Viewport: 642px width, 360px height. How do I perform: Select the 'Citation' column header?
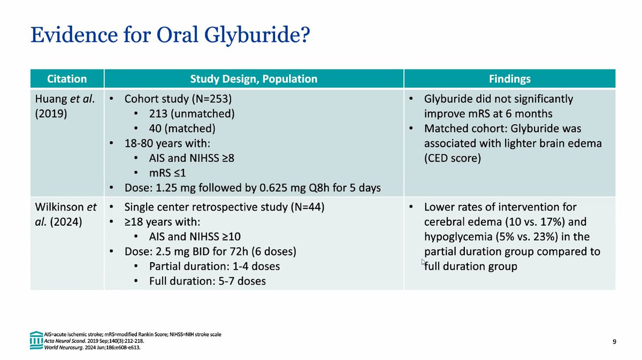[x=67, y=79]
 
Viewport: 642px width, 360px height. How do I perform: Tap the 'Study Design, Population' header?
[x=254, y=79]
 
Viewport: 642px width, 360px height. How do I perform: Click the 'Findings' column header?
[x=509, y=79]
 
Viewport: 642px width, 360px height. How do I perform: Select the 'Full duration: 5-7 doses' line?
[x=208, y=281]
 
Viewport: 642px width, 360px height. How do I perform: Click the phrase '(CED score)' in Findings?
[x=453, y=158]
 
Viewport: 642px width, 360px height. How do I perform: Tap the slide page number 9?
[x=614, y=340]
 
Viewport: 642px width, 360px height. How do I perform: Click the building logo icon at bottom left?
[x=36, y=340]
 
